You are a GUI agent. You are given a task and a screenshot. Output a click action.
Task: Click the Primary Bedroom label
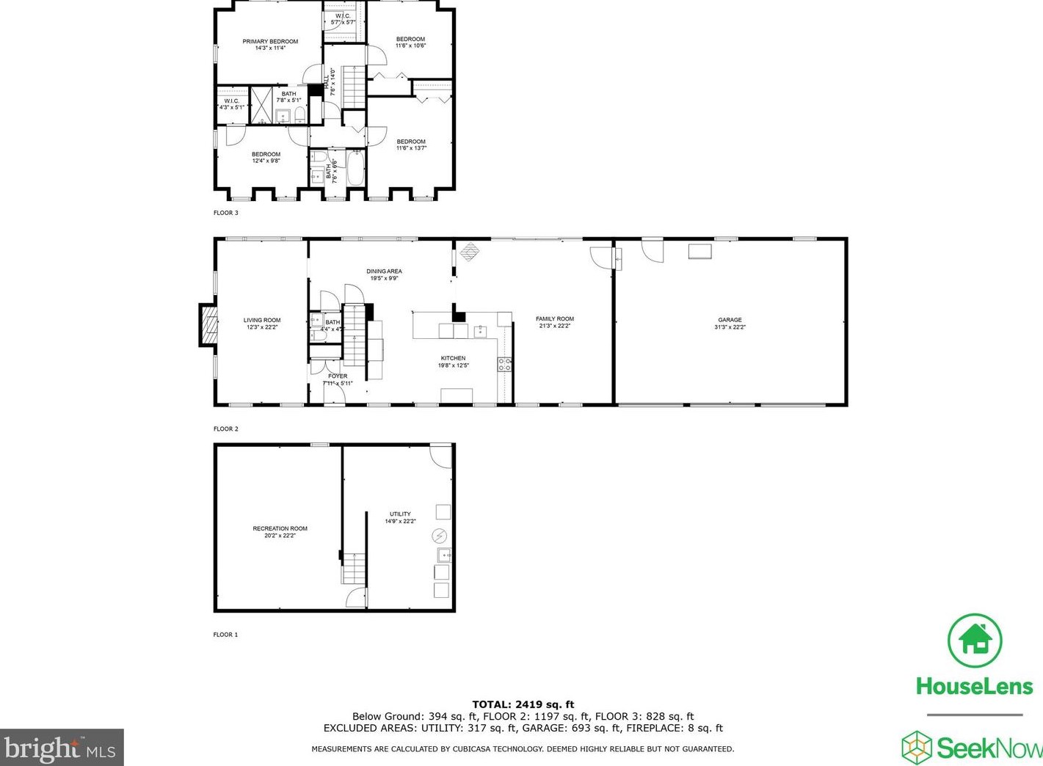pyautogui.click(x=270, y=42)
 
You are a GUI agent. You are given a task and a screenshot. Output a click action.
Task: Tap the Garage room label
pyautogui.click(x=730, y=320)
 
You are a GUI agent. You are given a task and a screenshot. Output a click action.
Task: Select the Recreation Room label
pyautogui.click(x=280, y=528)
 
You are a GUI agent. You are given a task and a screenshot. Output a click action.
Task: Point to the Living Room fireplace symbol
pyautogui.click(x=209, y=325)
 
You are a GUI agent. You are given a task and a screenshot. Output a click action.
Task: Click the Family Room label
pyautogui.click(x=554, y=319)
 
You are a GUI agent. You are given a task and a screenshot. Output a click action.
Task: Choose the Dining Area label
pyautogui.click(x=384, y=271)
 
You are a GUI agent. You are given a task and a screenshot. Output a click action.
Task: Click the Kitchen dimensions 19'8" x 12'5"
pyautogui.click(x=454, y=365)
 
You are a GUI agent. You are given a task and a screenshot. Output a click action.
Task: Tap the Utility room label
pyautogui.click(x=400, y=514)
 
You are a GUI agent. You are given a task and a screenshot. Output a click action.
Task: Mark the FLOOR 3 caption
pyautogui.click(x=226, y=213)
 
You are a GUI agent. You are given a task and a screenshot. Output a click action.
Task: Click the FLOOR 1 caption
pyautogui.click(x=226, y=635)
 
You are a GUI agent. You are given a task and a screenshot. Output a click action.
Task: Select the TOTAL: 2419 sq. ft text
pyautogui.click(x=523, y=704)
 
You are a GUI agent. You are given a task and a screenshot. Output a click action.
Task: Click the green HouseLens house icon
pyautogui.click(x=974, y=640)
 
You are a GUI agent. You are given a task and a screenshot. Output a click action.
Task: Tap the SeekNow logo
pyautogui.click(x=973, y=748)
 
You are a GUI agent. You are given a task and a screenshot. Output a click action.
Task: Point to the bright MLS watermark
pyautogui.click(x=61, y=748)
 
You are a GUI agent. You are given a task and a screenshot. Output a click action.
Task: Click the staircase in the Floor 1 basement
pyautogui.click(x=354, y=568)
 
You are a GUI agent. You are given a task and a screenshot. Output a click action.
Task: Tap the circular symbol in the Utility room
pyautogui.click(x=440, y=536)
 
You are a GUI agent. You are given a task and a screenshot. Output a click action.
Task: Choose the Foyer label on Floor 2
pyautogui.click(x=338, y=376)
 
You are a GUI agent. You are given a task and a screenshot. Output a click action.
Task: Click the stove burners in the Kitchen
pyautogui.click(x=504, y=364)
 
